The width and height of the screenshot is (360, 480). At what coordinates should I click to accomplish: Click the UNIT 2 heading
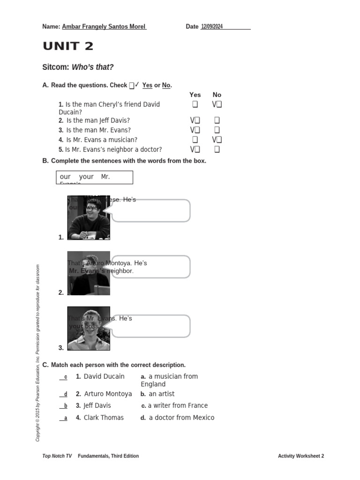(x=68, y=46)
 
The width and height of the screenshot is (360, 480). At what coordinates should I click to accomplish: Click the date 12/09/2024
(x=212, y=27)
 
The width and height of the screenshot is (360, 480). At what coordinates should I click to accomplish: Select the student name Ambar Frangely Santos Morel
(x=104, y=27)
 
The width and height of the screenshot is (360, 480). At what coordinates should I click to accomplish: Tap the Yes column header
(x=195, y=95)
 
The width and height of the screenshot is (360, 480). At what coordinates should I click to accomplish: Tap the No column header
(x=217, y=95)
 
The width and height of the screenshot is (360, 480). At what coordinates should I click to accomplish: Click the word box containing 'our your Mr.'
(x=94, y=177)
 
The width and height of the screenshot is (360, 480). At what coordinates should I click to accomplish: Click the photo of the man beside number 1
(x=89, y=217)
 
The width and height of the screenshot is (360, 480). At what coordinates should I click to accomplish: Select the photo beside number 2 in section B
(x=89, y=273)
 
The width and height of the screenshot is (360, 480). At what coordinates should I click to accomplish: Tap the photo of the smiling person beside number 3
(x=89, y=329)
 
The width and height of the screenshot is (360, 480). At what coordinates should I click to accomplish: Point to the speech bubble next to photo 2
(x=151, y=267)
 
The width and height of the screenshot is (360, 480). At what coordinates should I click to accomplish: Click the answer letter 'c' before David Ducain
(x=66, y=377)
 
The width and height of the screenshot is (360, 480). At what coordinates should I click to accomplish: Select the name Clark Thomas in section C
(x=104, y=418)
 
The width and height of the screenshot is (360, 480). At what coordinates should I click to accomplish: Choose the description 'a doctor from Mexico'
(x=181, y=418)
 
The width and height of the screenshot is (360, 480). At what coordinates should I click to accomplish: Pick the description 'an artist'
(x=161, y=394)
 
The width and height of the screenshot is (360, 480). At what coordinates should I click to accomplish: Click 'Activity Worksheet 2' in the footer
(x=300, y=456)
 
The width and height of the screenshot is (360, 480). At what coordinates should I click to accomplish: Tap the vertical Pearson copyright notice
(x=38, y=353)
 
